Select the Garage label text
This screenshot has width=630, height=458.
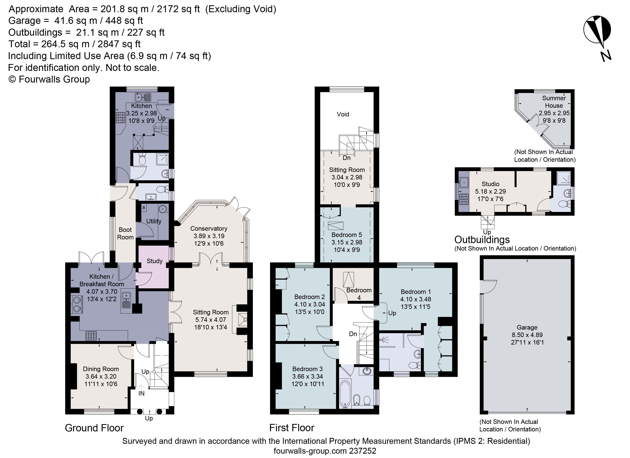tap(527, 327)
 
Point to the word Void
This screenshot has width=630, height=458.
tap(343, 114)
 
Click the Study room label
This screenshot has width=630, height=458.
tap(154, 261)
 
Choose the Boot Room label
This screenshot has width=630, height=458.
tap(125, 233)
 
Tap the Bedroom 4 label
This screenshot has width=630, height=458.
tap(359, 294)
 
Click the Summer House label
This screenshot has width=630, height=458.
tap(554, 102)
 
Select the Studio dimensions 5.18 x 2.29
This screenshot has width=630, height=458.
tap(490, 191)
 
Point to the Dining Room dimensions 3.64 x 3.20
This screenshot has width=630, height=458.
tap(101, 376)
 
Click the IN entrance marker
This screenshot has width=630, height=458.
tap(141, 393)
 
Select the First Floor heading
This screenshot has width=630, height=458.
tap(292, 428)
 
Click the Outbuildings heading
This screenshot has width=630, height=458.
tap(482, 240)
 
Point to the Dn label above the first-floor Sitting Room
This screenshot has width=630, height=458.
tap(346, 158)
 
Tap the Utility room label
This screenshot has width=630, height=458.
tap(154, 221)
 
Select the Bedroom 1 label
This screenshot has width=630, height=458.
tap(416, 292)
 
